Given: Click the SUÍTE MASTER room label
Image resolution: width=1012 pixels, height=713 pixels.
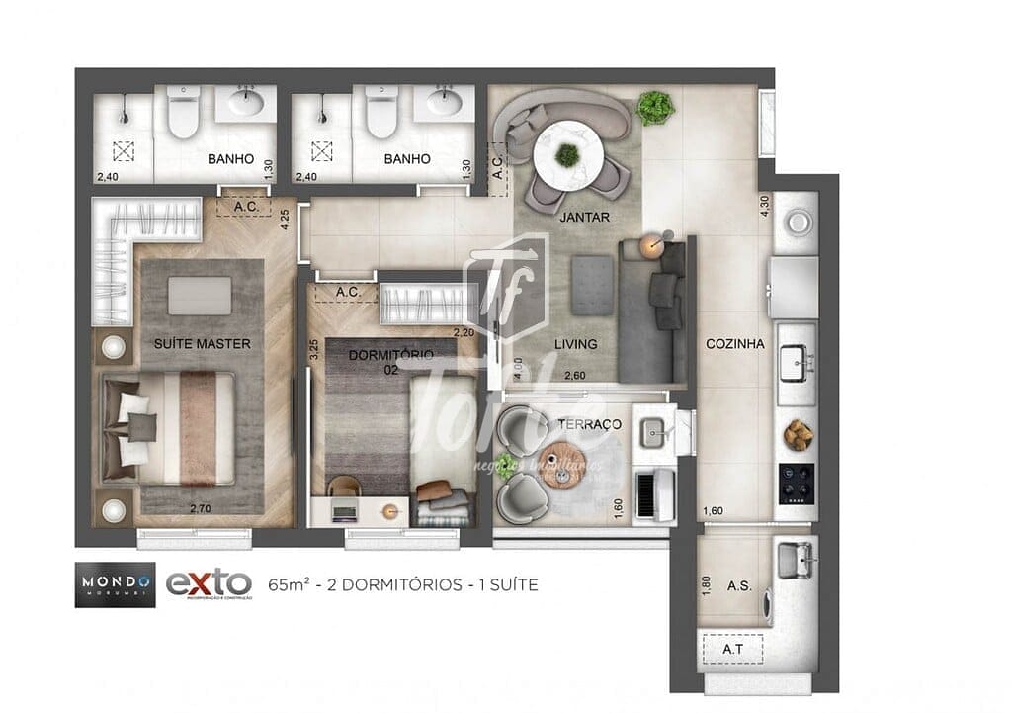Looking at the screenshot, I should (202, 344).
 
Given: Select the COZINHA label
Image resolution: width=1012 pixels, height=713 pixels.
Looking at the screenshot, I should (735, 344).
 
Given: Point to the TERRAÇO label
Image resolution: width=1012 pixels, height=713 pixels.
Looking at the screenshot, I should (589, 424).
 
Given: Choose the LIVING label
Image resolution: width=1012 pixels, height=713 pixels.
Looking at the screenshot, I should (575, 344).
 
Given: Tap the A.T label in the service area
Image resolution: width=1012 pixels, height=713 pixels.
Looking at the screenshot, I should (732, 649).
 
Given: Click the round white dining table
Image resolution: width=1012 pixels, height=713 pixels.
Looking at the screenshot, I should (568, 154).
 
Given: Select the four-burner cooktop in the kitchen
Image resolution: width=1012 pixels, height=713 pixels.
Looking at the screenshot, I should (797, 483).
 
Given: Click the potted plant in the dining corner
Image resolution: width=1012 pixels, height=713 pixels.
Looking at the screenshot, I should (653, 106).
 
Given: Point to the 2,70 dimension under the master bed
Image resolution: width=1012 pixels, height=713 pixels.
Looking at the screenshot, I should (202, 509).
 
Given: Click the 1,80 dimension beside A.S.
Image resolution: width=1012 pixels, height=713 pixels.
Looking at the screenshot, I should (706, 584).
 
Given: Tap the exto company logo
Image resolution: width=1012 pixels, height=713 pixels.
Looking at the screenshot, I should (209, 583).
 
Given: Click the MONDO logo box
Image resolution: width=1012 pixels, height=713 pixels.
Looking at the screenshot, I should (115, 583).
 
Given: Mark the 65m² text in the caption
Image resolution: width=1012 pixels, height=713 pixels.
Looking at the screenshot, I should (287, 584).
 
